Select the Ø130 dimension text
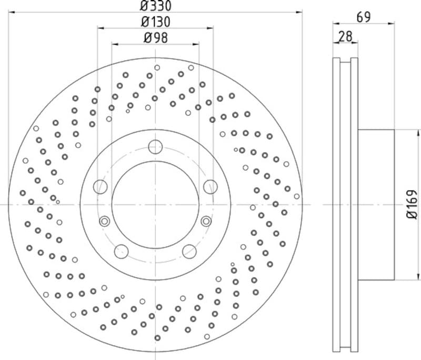pos(156,22)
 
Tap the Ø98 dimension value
pos(156,38)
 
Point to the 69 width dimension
pos(364,17)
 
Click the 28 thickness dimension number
pos(345,36)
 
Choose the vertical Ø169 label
pos(412,204)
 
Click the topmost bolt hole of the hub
pos(155,146)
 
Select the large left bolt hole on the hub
pos(100,186)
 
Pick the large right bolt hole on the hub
pos(210,186)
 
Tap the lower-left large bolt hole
pos(122,251)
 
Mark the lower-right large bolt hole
pos(189,251)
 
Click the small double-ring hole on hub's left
pos(104,221)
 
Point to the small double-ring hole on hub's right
pos(206,221)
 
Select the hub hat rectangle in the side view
pos(376,204)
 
